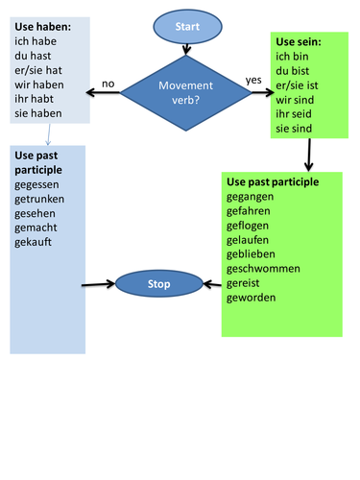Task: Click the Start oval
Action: [188, 27]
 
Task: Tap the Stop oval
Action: [158, 285]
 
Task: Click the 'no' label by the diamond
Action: [108, 84]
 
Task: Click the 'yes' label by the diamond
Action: [253, 80]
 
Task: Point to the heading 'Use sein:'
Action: [298, 43]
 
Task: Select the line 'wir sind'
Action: [296, 97]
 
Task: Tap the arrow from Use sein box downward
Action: [309, 154]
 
